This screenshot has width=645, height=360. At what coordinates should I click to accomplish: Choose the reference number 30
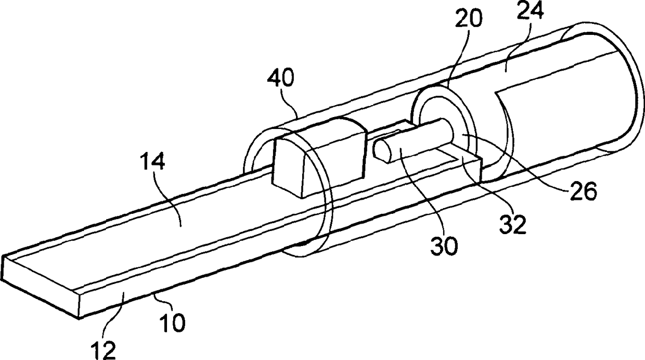[x=444, y=245]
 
